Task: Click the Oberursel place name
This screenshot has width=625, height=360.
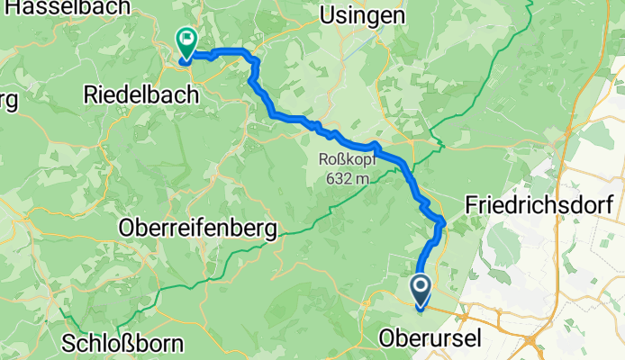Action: (431, 340)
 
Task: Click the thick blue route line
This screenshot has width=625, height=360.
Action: (297, 118)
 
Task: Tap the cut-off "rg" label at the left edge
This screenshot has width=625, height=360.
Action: (8, 100)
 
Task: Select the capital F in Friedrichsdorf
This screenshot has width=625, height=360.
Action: (471, 205)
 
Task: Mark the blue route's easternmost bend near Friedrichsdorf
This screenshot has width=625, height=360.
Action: (444, 221)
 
